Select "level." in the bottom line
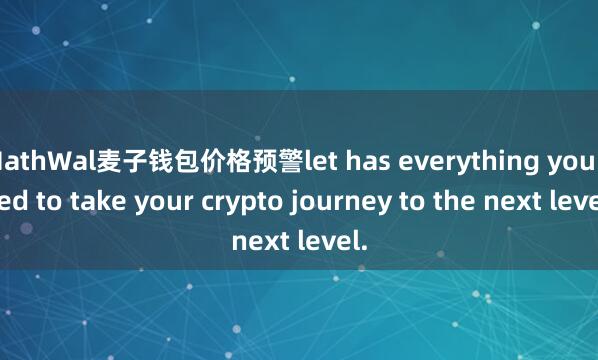pyautogui.click(x=335, y=241)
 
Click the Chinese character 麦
pyautogui.click(x=98, y=160)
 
